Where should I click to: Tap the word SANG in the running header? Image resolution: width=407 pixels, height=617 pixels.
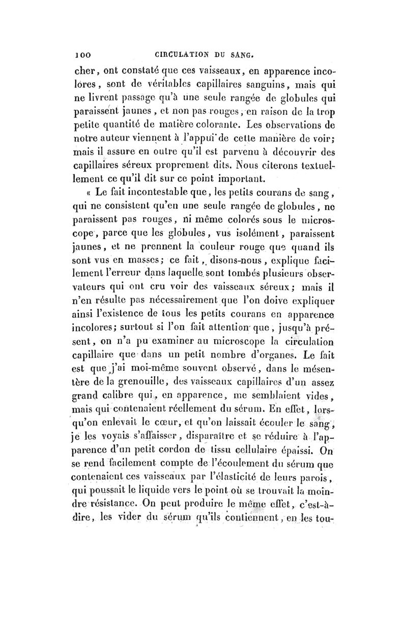pos(244,52)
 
